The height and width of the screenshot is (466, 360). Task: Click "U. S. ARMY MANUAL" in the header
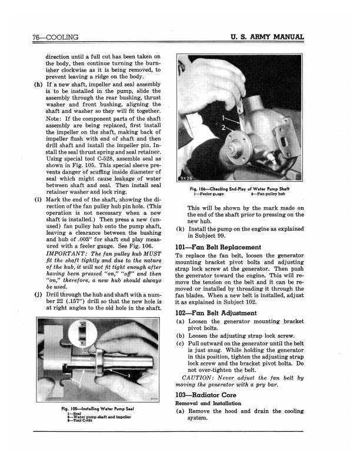point(267,38)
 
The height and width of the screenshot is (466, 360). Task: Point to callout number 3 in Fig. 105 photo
point(128,374)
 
